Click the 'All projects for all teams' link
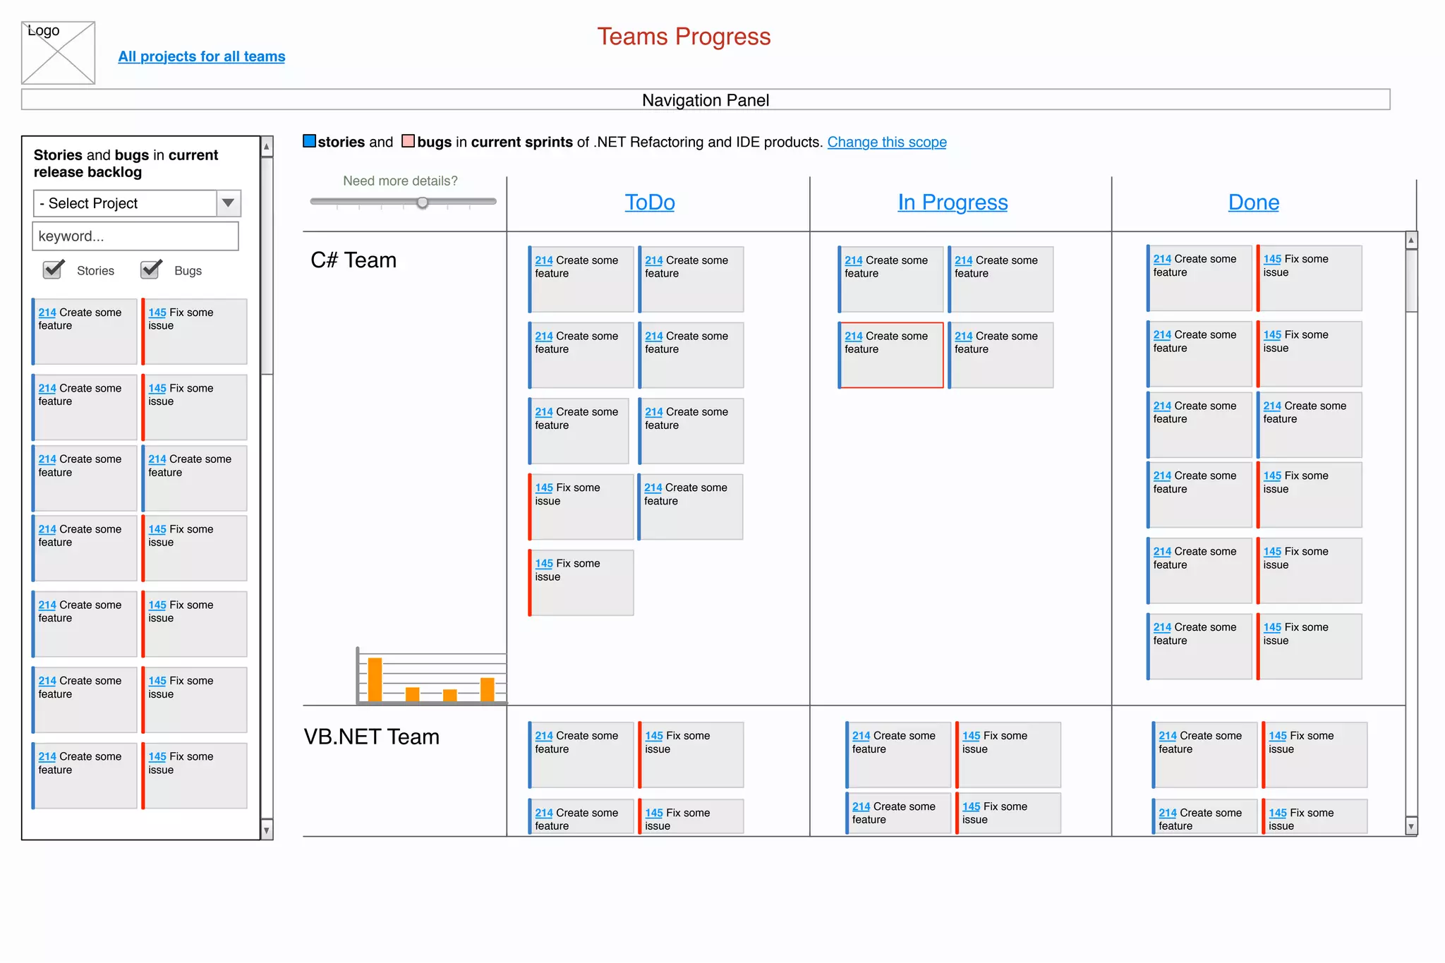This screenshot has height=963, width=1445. click(201, 56)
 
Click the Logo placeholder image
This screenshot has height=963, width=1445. click(58, 53)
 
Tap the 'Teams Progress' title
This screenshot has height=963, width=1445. click(683, 37)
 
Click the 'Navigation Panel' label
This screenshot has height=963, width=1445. click(705, 100)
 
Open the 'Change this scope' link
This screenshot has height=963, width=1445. click(886, 143)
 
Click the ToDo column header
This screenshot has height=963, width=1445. click(649, 202)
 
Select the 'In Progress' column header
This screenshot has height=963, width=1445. click(952, 202)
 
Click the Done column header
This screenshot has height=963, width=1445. click(1253, 202)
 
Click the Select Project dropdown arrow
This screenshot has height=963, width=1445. click(228, 203)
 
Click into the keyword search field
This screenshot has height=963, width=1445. click(135, 236)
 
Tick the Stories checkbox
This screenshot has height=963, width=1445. click(54, 269)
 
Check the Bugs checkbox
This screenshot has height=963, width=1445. click(151, 269)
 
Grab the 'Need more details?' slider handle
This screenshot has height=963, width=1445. click(422, 202)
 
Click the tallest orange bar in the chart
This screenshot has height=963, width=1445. click(375, 679)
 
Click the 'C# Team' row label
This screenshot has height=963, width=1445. click(353, 260)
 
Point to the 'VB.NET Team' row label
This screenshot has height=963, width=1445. click(371, 737)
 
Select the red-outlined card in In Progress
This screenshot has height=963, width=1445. click(890, 355)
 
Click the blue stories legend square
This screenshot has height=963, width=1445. click(309, 141)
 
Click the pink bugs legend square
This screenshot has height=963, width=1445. click(408, 141)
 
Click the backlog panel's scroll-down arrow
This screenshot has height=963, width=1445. click(267, 830)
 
